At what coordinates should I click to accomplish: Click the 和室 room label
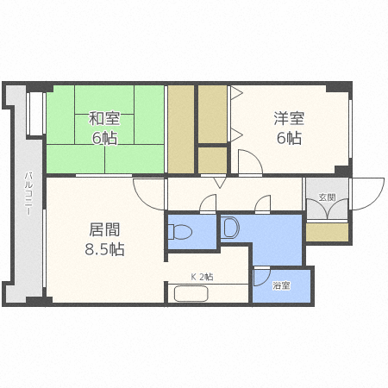point(104,119)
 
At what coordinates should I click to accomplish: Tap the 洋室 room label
point(289,118)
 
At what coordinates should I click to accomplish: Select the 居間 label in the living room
point(104,229)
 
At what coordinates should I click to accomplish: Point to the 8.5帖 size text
point(104,249)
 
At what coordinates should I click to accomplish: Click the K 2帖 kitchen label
point(202,277)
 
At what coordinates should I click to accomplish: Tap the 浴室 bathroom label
point(281,285)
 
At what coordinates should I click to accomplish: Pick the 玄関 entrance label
point(327,197)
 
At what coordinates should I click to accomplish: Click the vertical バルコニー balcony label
point(28,193)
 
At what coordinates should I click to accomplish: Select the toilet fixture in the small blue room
point(179,232)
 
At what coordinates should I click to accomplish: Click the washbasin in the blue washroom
point(231,228)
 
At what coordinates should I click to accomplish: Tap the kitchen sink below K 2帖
point(191,293)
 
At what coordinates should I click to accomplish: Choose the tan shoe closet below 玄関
point(327,232)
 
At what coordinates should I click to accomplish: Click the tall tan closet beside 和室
point(181,129)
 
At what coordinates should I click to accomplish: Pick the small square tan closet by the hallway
point(213,160)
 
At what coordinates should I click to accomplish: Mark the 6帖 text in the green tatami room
point(104,138)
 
